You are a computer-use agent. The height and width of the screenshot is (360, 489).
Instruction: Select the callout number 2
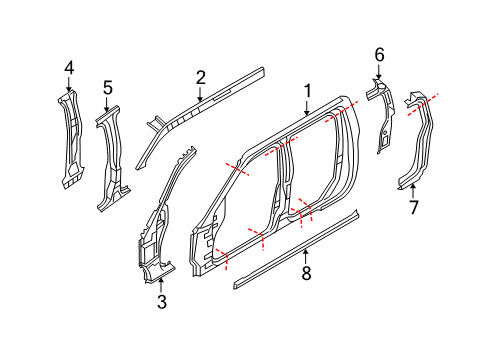click(201, 77)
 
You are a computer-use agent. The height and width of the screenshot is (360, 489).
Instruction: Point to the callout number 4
click(69, 68)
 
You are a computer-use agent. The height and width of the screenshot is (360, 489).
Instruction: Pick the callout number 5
click(107, 87)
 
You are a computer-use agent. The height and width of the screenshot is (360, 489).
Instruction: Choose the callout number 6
click(379, 54)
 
